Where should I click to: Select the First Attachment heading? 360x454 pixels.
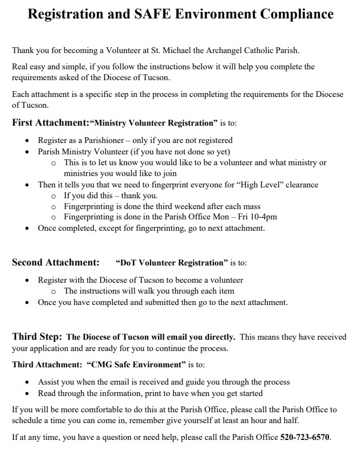pos(51,122)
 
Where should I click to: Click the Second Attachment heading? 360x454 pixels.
pos(56,263)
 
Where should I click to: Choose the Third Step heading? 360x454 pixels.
pos(37,336)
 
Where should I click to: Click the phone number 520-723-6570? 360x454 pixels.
pos(305,437)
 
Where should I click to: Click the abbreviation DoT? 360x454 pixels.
pos(128,263)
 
